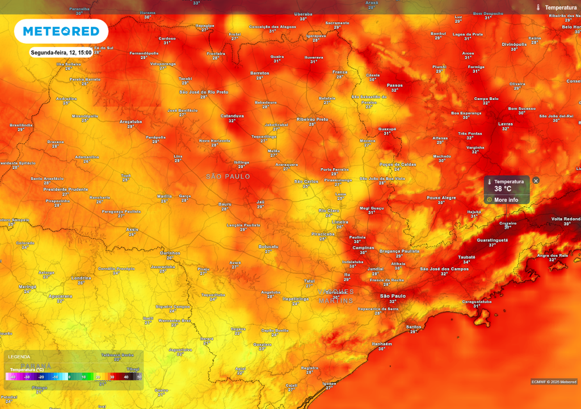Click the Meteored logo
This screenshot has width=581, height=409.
coord(61,31)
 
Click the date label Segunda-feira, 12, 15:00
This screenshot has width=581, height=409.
coord(61,52)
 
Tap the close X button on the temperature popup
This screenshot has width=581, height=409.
coord(536,181)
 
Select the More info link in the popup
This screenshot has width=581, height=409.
coord(506,200)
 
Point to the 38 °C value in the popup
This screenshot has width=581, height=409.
coord(503,189)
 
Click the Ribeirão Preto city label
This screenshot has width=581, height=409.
coord(313,119)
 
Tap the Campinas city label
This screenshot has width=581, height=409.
coord(363,248)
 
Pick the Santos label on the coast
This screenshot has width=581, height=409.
coord(414,327)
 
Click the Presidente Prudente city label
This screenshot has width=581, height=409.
coord(66,189)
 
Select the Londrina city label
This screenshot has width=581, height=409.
coord(81,278)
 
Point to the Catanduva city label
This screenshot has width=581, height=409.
coord(232,116)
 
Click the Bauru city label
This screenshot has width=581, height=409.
coord(225,204)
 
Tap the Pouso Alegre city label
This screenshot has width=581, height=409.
coord(441,198)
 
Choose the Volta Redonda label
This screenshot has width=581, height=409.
coord(566,219)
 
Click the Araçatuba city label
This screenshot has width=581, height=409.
coord(130,122)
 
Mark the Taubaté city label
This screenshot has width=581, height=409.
coord(466,257)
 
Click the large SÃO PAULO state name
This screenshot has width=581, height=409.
coord(228,177)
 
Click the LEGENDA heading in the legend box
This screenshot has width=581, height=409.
coord(19,357)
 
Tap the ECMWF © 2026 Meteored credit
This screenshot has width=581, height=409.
coord(554,381)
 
